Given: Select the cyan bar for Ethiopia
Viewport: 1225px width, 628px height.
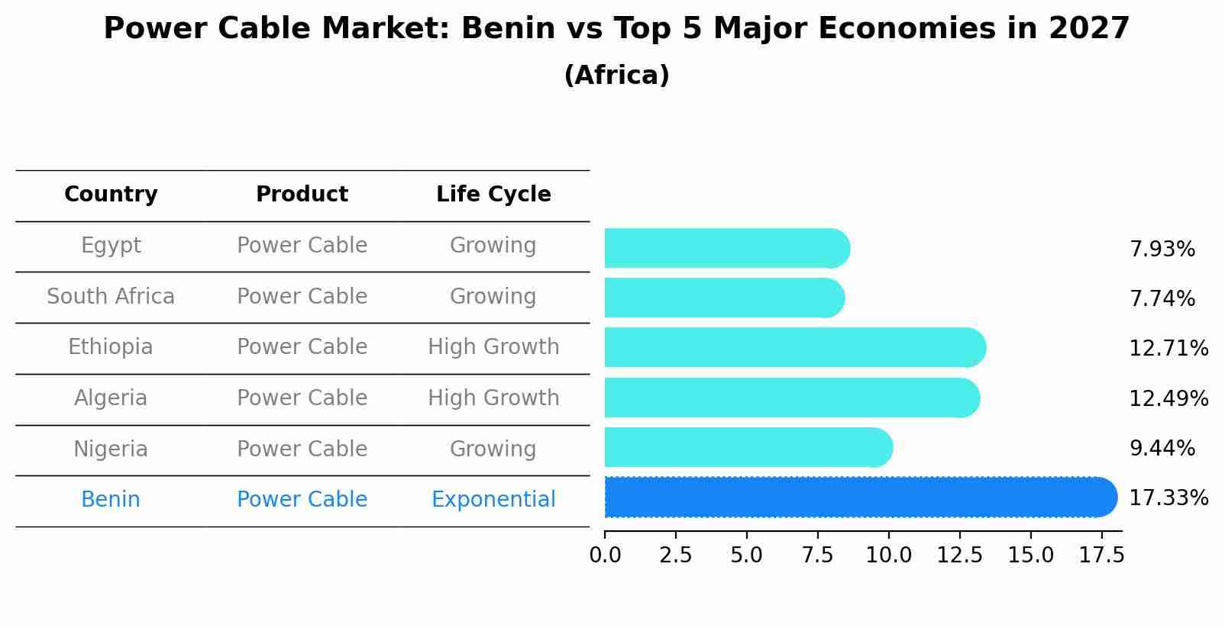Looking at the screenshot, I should click(794, 348).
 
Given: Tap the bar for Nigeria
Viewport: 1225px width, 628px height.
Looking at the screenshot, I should click(748, 448).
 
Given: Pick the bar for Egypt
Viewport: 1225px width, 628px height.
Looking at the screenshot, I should click(726, 249).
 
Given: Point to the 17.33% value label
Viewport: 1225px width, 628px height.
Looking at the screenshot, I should click(1168, 498).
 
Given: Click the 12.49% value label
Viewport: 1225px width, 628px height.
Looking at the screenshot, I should click(1168, 398).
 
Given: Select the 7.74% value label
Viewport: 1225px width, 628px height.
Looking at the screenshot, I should click(1162, 298).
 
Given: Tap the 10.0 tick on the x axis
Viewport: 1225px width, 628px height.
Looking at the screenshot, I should click(888, 556).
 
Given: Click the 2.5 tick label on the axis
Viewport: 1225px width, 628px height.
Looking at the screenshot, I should click(675, 556).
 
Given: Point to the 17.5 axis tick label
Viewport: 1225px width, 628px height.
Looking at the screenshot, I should click(1101, 556).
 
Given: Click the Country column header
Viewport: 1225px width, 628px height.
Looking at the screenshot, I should click(111, 195).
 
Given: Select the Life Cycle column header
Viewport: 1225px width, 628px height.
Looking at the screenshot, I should click(493, 195).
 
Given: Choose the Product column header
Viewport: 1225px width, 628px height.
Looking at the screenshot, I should click(302, 195).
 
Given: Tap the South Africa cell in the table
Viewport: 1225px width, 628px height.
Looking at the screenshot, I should click(111, 297).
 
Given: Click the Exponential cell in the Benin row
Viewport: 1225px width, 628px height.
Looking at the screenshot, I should click(493, 500).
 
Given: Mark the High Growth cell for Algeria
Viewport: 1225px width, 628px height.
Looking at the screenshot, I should click(493, 398).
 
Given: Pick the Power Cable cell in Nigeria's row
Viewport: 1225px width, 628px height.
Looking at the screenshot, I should click(302, 449).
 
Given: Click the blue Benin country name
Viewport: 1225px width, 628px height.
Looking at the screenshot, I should click(111, 500).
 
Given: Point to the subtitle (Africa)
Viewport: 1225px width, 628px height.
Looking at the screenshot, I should click(616, 76).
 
